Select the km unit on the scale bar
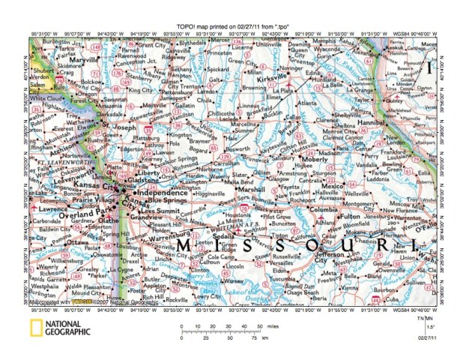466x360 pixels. click(266, 338)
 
